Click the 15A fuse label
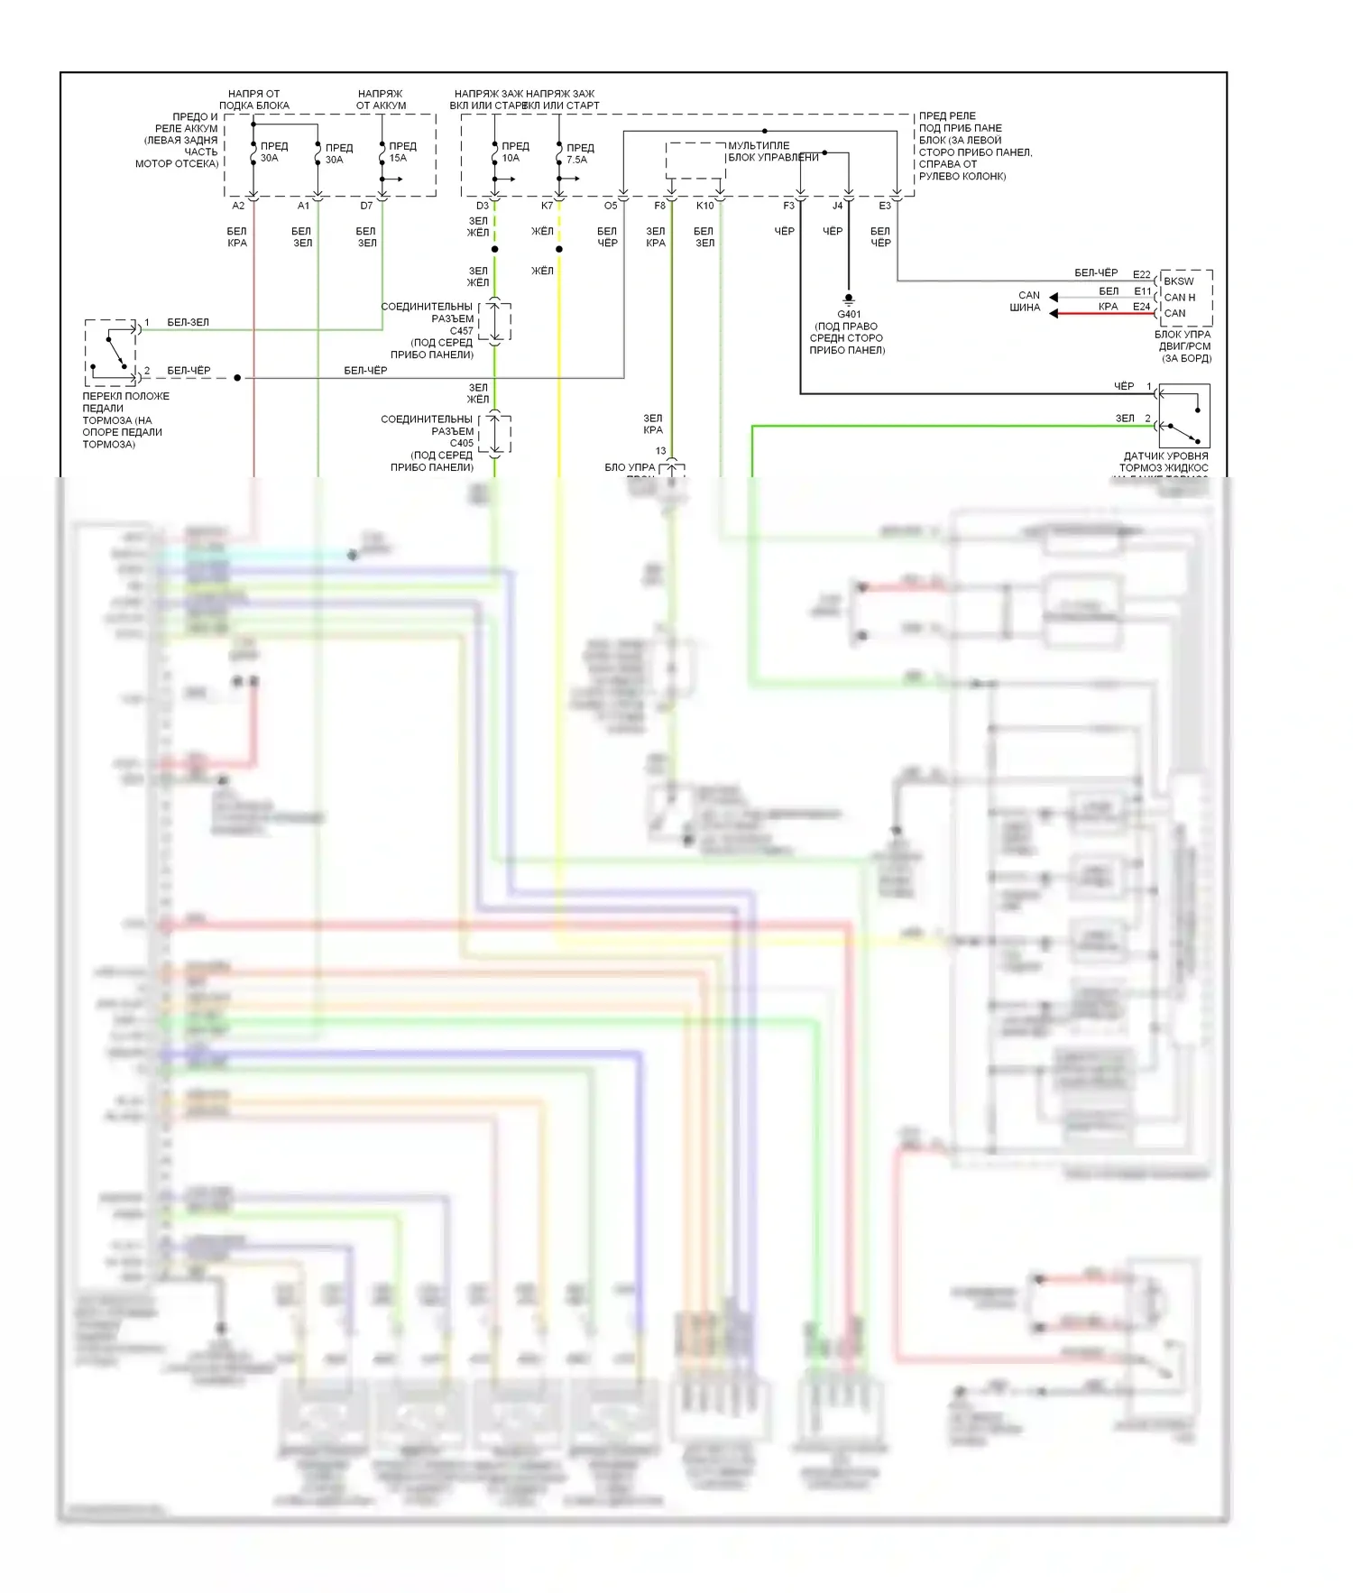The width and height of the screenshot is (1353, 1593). [398, 158]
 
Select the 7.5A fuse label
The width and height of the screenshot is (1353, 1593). [576, 160]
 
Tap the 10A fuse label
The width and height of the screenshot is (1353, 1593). [511, 158]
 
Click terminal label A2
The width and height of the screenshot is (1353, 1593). [238, 206]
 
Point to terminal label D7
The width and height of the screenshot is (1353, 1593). [366, 206]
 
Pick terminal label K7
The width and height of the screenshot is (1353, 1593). [547, 206]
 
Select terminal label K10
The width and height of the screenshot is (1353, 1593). [704, 206]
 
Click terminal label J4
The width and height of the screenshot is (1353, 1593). [837, 206]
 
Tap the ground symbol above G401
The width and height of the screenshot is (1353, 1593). [848, 299]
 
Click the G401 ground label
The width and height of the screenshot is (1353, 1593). [849, 315]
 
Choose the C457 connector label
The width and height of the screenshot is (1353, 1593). [461, 331]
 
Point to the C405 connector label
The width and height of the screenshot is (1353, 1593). [461, 443]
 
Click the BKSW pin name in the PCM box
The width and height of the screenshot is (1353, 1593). [1178, 281]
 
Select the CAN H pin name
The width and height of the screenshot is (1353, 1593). [1179, 297]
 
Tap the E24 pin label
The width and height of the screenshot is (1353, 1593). [1142, 307]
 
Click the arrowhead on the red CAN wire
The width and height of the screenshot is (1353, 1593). [1054, 313]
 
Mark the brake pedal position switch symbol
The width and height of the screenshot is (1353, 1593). [114, 351]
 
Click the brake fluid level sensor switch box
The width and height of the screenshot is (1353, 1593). [1183, 416]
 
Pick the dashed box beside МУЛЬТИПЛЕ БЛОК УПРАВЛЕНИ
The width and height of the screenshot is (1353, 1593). [695, 161]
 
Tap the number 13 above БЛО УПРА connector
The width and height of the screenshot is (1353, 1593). [661, 451]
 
